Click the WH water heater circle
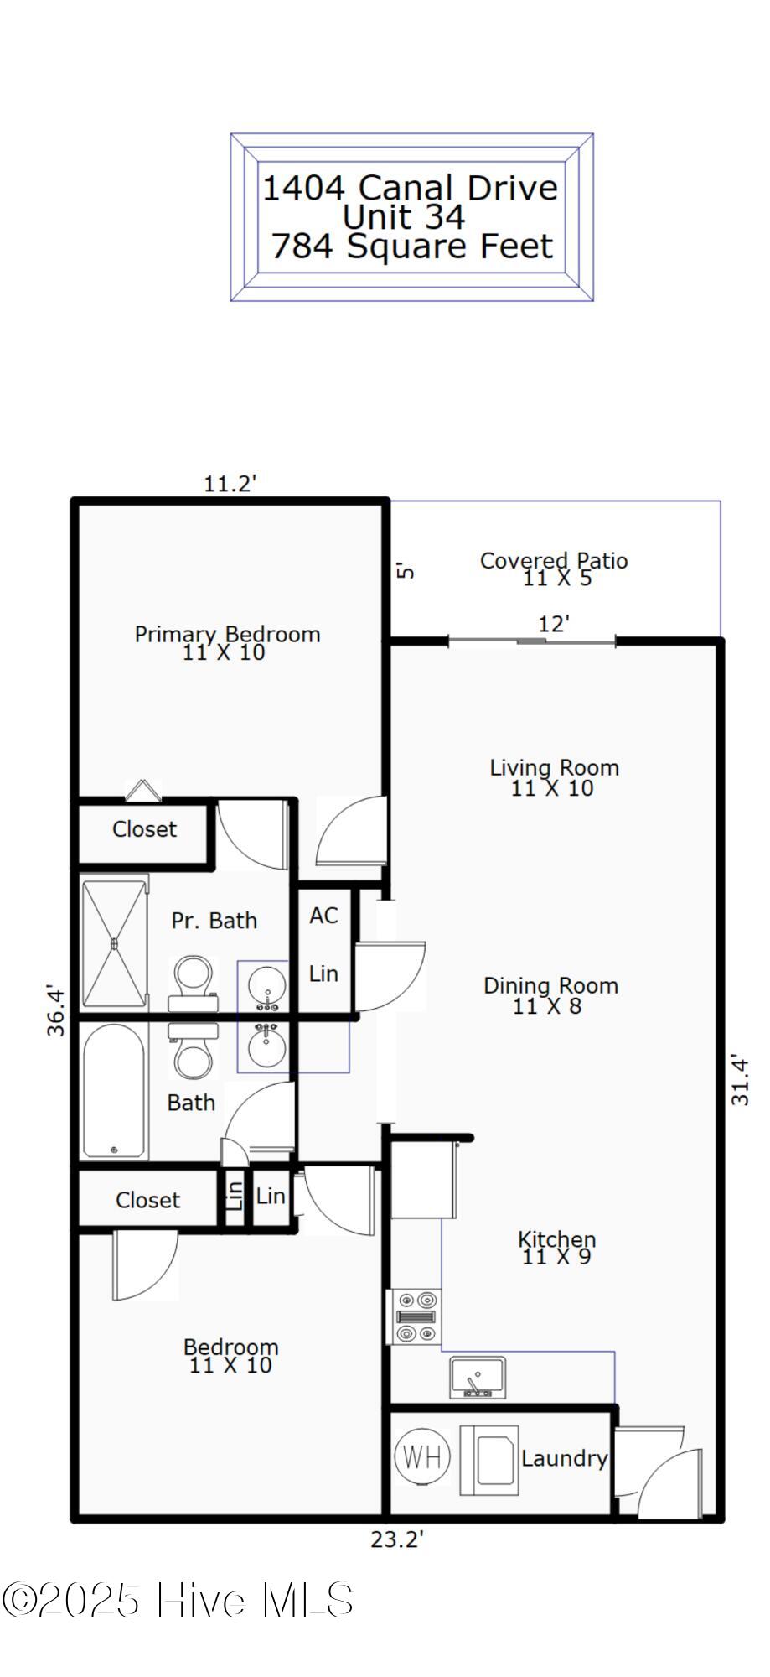(422, 1457)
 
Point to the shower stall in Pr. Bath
(115, 942)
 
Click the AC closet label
(323, 916)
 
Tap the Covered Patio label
(554, 561)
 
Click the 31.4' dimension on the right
(740, 1080)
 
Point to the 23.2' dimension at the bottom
(397, 1539)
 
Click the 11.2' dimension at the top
(230, 484)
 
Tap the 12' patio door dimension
(554, 624)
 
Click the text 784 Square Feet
(411, 247)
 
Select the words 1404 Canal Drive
(410, 187)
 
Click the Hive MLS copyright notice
(178, 1601)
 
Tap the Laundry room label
(564, 1458)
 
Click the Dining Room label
(550, 986)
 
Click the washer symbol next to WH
(489, 1460)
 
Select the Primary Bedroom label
(227, 634)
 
